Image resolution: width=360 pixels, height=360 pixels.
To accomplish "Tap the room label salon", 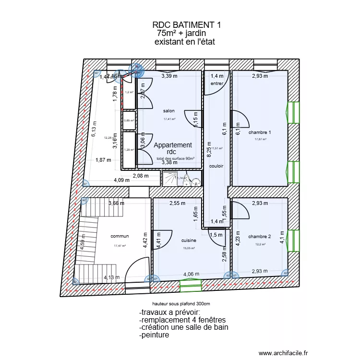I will coord(168,111).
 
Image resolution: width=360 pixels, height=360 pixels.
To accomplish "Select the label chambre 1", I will coord(260,132).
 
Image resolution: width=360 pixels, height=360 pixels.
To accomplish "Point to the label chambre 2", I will coord(260,237).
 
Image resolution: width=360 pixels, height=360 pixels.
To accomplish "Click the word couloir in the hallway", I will coord(216,166).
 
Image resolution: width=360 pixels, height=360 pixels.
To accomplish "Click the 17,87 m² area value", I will coord(260,140).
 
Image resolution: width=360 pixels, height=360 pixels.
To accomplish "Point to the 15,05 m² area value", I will coord(189,248).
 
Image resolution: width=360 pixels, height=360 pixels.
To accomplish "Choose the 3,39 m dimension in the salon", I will coord(169,76).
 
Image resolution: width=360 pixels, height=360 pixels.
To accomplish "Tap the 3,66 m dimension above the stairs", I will coord(116,204).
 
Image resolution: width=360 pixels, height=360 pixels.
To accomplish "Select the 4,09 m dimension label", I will coord(121,180).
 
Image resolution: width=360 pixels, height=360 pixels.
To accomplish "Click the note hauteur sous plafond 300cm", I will coord(181,304).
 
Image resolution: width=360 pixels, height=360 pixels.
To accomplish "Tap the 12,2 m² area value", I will coord(260,244).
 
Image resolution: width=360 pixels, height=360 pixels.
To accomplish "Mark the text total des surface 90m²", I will coord(175,158).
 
